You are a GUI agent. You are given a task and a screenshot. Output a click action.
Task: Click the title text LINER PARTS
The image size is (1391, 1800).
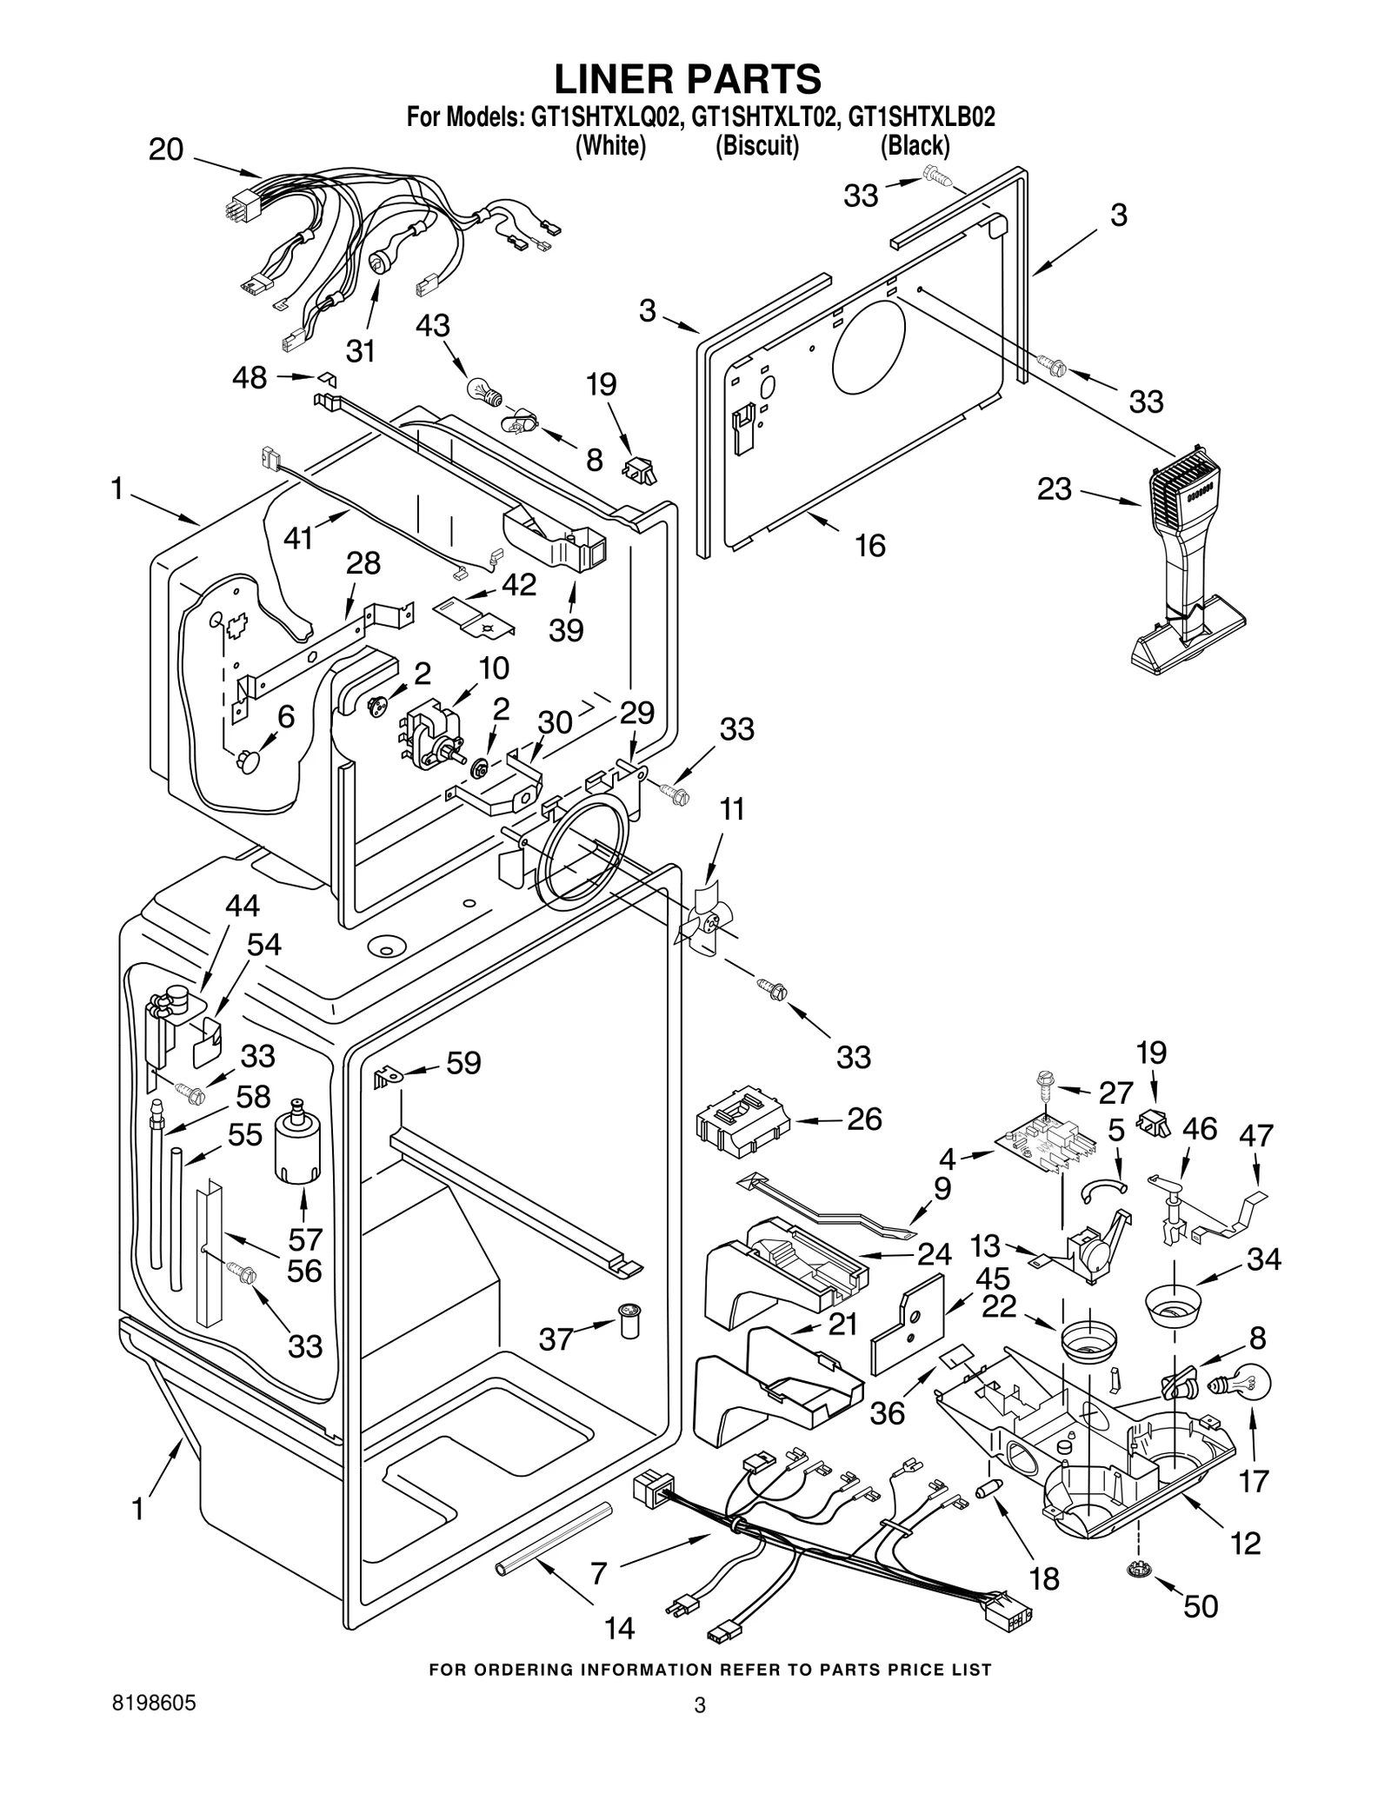687,79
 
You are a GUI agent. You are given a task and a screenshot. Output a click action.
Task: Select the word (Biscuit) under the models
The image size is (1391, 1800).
756,145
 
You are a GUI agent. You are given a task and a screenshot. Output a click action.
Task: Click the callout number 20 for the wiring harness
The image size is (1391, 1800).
166,149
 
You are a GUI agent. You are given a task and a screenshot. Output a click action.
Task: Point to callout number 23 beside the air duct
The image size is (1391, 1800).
1054,489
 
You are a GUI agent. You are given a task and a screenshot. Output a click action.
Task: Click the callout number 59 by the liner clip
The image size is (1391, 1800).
463,1063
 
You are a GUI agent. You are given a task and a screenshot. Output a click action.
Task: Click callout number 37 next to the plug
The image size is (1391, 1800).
556,1339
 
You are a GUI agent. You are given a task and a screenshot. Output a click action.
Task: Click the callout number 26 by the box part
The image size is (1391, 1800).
864,1119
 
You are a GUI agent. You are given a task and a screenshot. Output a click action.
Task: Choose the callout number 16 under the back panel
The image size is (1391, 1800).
870,545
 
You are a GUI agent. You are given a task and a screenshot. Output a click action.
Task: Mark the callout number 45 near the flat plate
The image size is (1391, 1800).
993,1278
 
